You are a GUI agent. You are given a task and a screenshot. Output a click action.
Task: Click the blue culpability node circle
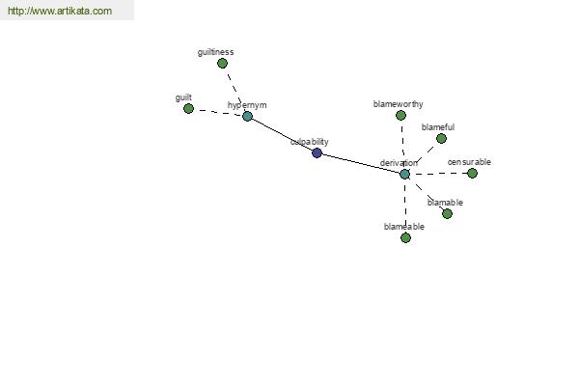[x=317, y=152]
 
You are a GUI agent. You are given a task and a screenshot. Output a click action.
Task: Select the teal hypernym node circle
[x=247, y=117]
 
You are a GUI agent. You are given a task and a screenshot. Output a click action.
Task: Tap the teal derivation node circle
[x=405, y=174]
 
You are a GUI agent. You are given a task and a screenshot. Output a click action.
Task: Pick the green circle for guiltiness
[x=222, y=64]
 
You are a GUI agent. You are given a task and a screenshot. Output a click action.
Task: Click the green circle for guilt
[x=189, y=109]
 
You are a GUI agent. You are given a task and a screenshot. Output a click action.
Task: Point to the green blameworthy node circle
[x=401, y=116]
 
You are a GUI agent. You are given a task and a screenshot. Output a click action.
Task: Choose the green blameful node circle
[x=441, y=139]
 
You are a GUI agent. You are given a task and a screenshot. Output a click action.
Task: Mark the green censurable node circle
[x=472, y=173]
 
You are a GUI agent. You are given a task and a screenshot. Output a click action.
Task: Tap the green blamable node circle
[x=447, y=213]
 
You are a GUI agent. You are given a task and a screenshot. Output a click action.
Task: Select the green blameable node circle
[x=406, y=238]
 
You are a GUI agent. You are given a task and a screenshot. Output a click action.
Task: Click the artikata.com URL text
[x=60, y=11]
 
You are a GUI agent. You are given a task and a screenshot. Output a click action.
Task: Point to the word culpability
[x=310, y=142]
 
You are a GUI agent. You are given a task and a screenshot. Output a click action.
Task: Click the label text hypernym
[x=247, y=105]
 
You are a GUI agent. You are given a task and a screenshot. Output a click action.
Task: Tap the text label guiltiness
[x=215, y=52]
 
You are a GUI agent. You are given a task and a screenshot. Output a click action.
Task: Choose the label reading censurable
[x=469, y=162]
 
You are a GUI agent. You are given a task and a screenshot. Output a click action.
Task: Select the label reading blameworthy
[x=398, y=104]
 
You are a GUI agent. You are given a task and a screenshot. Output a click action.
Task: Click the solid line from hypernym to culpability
[x=282, y=134]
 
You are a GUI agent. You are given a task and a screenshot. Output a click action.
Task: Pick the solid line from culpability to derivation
[x=361, y=163]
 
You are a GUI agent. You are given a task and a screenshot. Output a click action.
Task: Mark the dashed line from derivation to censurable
[x=439, y=174]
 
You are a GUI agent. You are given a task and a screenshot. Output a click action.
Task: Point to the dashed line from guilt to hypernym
[x=218, y=112]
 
